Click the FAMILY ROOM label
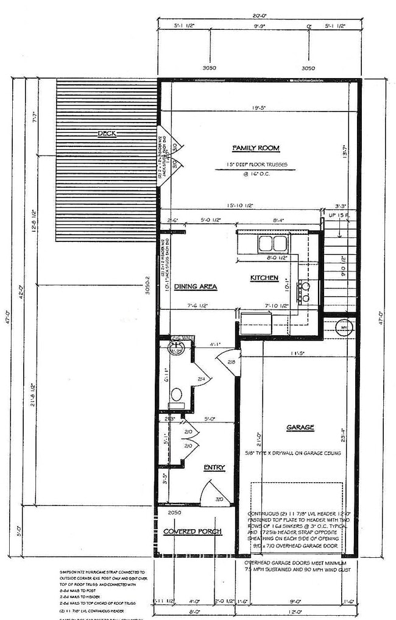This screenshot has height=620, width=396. [256, 148]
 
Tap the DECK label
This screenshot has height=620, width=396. [107, 134]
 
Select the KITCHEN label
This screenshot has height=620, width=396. [264, 278]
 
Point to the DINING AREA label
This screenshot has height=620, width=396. [196, 286]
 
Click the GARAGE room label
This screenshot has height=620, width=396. [300, 428]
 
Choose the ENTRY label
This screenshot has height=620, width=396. [214, 468]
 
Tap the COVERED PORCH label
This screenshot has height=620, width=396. [192, 532]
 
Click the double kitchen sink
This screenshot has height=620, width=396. [272, 243]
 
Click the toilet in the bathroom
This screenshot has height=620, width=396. [177, 394]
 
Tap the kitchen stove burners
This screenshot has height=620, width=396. [304, 291]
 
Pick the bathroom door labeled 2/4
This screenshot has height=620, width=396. [201, 379]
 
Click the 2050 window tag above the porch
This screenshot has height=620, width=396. [175, 513]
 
